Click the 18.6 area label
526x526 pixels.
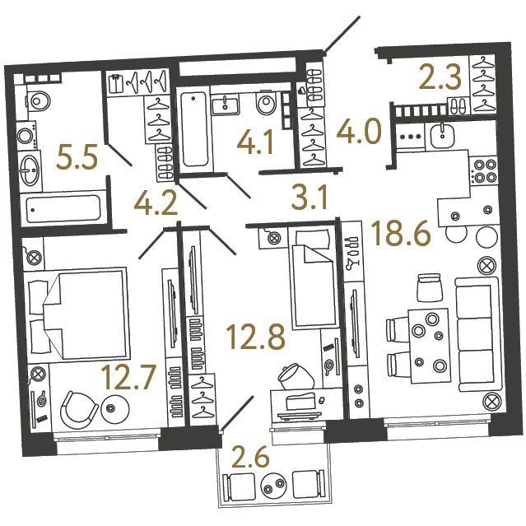pos(401,234)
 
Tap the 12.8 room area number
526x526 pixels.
pos(256,337)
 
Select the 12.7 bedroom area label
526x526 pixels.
pos(129,377)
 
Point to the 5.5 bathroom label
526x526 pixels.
pos(77,156)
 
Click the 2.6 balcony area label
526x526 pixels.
pos(251,456)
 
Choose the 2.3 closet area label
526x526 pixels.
pos(440,78)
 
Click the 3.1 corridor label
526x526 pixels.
pos(309,198)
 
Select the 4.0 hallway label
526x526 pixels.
pos(359,131)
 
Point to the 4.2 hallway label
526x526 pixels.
pos(156,203)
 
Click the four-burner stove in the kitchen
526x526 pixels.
pos(483,170)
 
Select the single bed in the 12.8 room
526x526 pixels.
pos(313,277)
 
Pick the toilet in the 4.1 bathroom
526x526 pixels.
pos(267,102)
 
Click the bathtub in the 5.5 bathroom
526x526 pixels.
pos(63,209)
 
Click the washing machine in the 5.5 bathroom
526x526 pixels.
pos(28,136)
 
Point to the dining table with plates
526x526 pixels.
pos(430,346)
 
